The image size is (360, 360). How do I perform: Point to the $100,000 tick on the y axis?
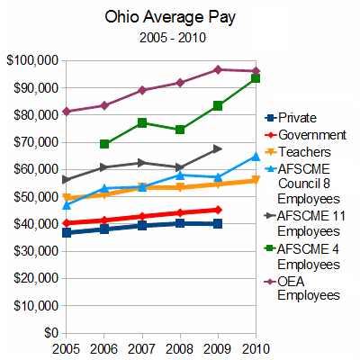click(x=31, y=60)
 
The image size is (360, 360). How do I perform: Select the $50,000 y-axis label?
click(x=34, y=196)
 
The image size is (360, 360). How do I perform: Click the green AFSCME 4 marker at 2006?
click(x=105, y=144)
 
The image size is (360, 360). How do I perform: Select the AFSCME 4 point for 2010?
click(x=256, y=78)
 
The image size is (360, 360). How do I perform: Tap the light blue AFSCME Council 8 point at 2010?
click(x=256, y=157)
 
